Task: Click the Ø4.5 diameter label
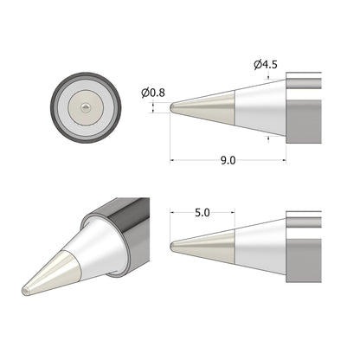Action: (265, 64)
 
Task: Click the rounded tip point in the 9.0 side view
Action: (173, 107)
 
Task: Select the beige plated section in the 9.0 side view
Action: (212, 107)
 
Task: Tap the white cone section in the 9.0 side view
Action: (260, 107)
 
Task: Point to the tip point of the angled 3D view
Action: (26, 291)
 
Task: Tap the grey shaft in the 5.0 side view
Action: (303, 242)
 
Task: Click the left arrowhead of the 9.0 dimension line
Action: (174, 160)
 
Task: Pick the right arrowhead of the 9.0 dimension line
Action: (283, 160)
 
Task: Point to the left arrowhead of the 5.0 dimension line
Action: (174, 212)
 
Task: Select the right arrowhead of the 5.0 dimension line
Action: (233, 212)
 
